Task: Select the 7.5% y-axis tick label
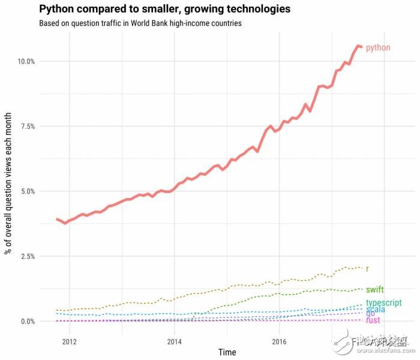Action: (x=26, y=127)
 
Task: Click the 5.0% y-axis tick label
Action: (x=26, y=191)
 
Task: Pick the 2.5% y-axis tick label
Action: (x=26, y=256)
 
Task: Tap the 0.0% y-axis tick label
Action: (x=26, y=321)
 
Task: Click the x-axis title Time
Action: (x=227, y=352)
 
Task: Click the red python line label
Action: (x=378, y=47)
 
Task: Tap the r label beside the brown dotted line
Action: (x=367, y=268)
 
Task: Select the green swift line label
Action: (x=374, y=290)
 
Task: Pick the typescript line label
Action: (x=383, y=303)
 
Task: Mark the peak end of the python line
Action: (x=359, y=46)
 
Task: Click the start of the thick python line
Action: (x=56, y=219)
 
